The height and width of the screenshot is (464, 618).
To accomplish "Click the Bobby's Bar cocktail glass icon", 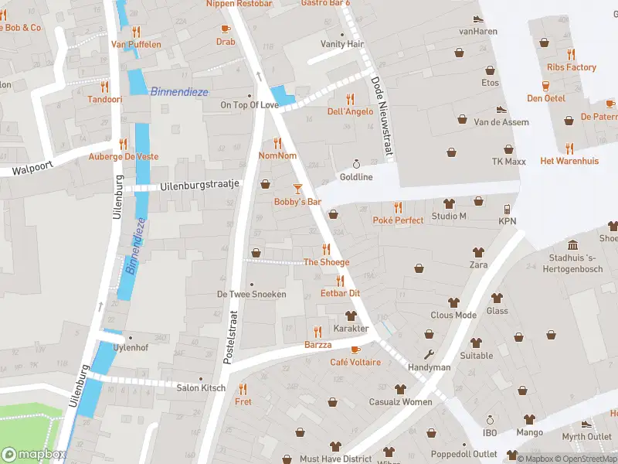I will pos(298,188).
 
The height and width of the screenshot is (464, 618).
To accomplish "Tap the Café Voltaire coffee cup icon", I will pos(355,350).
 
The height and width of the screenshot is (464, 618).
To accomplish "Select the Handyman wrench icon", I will pos(430,355).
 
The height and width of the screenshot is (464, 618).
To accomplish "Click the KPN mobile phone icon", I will pos(508,209).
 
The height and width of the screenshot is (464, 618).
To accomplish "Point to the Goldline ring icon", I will pos(356,164).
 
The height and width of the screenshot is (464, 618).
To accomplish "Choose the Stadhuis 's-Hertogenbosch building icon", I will pos(572,245).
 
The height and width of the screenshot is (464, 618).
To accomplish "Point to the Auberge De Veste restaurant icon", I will pos(123,144).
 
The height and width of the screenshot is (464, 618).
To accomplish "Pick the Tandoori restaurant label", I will pos(104,99).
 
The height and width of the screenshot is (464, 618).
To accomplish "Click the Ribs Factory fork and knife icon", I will pos(571,54).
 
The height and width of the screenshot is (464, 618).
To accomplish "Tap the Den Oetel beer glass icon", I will pos(546,85).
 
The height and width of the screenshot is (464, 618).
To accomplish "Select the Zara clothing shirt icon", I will pos(478,252).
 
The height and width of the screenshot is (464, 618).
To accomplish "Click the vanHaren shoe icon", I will pos(477,19).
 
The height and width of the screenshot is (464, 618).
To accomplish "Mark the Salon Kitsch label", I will pos(201,387).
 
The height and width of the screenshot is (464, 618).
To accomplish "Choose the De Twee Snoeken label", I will pos(251,294).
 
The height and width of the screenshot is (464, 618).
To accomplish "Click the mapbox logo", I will pos(35,455).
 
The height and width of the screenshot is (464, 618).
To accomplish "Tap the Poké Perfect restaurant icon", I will pos(398,207).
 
